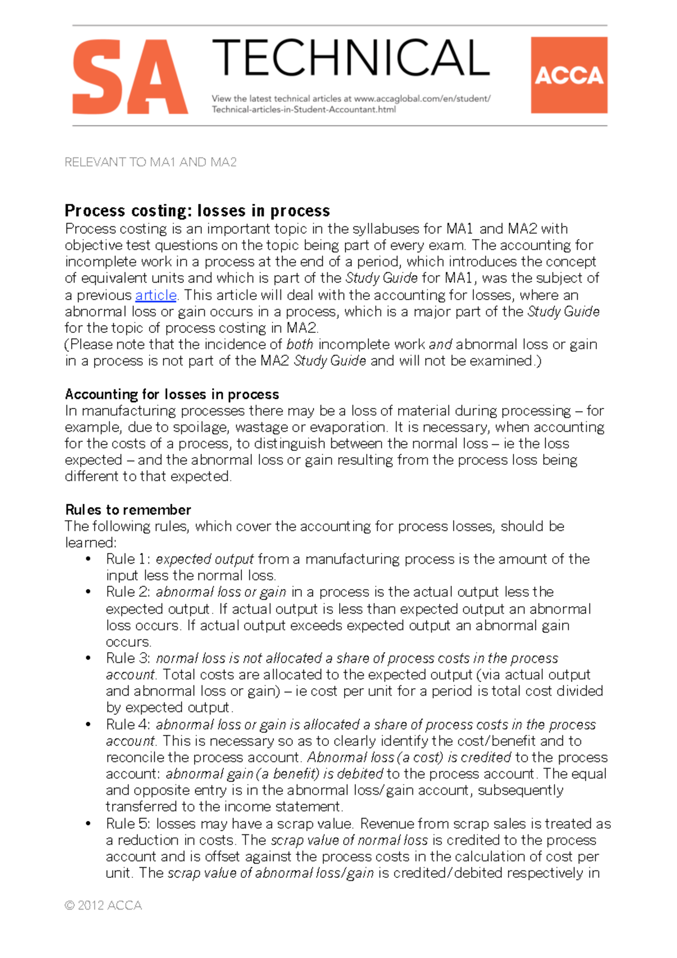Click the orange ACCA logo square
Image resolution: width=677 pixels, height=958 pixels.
click(569, 75)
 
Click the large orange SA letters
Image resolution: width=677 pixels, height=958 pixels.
click(130, 77)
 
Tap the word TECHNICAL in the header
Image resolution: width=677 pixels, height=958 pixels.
click(350, 58)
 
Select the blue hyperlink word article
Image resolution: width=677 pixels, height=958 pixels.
click(156, 295)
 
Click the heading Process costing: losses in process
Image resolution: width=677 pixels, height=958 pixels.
click(197, 210)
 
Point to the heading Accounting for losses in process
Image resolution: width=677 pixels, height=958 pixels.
click(172, 394)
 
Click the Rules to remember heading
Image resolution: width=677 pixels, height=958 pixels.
click(128, 509)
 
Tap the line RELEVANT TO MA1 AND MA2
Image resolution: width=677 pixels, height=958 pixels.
click(151, 162)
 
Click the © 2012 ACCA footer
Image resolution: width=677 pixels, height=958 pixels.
click(103, 906)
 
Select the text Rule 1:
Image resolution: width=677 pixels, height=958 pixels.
click(128, 559)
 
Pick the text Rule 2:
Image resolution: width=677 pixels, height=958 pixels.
click(128, 592)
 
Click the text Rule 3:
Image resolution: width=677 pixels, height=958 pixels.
click(128, 658)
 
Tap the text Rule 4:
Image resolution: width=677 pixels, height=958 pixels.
click(128, 724)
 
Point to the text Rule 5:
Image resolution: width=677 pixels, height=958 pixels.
click(128, 824)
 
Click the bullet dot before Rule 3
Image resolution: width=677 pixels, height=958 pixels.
click(88, 658)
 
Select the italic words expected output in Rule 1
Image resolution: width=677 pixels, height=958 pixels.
click(205, 559)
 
